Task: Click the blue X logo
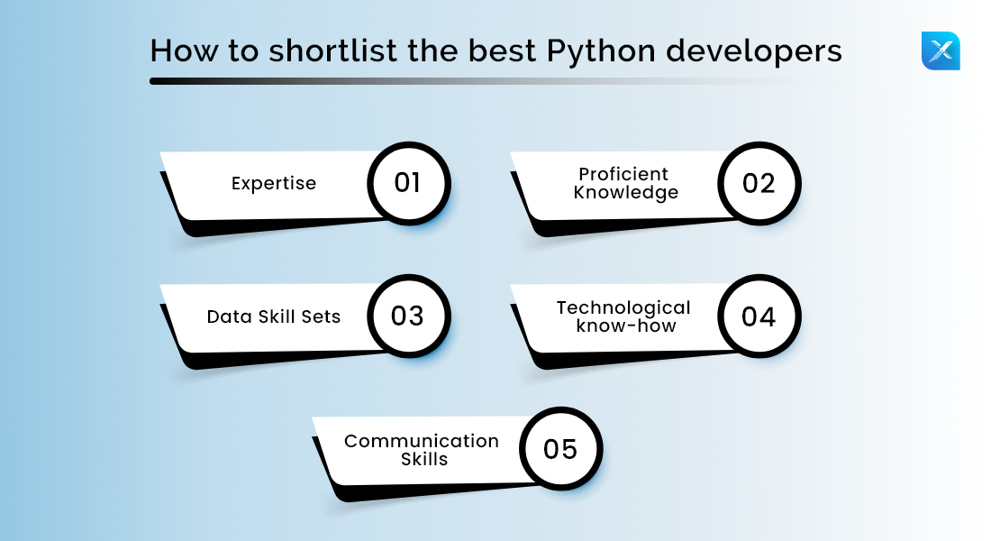pos(941,50)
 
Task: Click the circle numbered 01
pos(408,183)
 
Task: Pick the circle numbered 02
pos(759,183)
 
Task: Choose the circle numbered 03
pos(408,316)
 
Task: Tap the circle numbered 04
pos(759,316)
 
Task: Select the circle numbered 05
pos(560,448)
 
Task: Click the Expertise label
pos(274,183)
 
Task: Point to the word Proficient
pos(623,174)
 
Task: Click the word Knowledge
pos(625,192)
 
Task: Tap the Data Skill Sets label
pos(274,316)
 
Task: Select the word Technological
pos(623,307)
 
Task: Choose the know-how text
pos(625,326)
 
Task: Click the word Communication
pos(422,441)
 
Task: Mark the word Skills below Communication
pos(424,459)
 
